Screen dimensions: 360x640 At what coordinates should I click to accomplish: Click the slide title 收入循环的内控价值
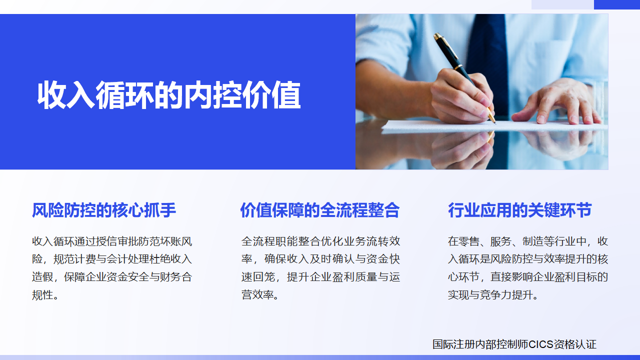pos(169,95)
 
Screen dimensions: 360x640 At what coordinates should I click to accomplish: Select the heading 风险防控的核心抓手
pos(104,210)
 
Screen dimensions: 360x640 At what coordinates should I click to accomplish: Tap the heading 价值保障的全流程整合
pos(319,210)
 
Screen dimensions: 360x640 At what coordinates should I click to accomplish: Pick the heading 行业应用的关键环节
pos(519,210)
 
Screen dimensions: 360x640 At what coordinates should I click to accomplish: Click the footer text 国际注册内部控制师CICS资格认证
pos(514,344)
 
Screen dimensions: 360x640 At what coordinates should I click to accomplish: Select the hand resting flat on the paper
pos(555,102)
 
